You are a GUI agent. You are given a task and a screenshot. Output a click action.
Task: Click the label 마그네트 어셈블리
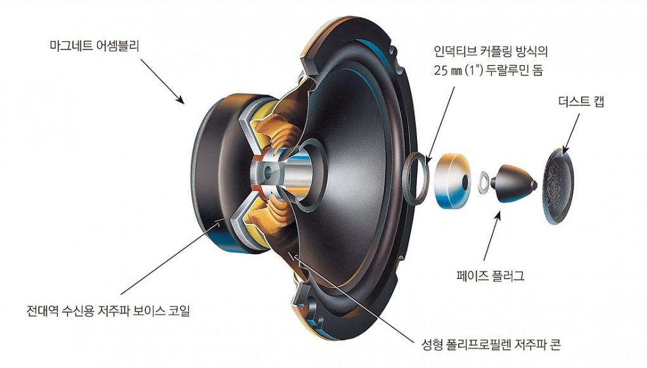click(94, 45)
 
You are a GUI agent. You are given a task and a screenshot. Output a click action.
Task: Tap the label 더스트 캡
click(581, 101)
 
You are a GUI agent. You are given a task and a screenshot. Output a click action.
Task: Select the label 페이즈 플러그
click(490, 275)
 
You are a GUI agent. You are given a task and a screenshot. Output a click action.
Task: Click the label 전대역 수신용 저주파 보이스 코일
click(108, 310)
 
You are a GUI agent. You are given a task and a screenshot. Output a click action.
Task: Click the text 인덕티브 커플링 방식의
click(490, 51)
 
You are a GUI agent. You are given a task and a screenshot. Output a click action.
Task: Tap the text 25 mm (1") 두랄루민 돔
click(489, 70)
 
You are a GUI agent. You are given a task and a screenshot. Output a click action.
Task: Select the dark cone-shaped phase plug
click(515, 183)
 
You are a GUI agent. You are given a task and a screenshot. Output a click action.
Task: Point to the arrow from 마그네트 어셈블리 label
click(162, 81)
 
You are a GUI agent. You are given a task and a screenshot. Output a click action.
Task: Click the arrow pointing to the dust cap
click(572, 133)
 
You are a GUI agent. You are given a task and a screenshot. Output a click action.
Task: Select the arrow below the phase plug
click(492, 236)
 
